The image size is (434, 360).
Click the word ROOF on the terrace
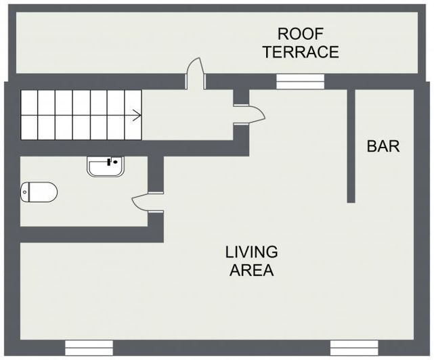pos(301,34)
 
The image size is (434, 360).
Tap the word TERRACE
pos(301,51)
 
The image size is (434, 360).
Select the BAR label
pos(383,146)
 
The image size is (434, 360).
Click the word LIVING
pos(251,252)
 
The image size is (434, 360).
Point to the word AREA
pos(252,270)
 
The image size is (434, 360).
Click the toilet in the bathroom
pos(39,192)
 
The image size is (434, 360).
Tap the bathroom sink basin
pos(106,166)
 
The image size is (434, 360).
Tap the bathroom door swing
pos(148,202)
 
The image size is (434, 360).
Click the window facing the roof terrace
pos(300,81)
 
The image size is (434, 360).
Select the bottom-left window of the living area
pos(89,348)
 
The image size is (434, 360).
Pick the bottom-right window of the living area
pos(354,348)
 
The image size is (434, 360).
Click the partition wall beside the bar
pos(351,145)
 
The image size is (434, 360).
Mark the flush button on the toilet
pos(24,192)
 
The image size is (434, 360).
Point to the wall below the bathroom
pos(92,235)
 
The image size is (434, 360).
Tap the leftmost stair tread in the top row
pos(29,102)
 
